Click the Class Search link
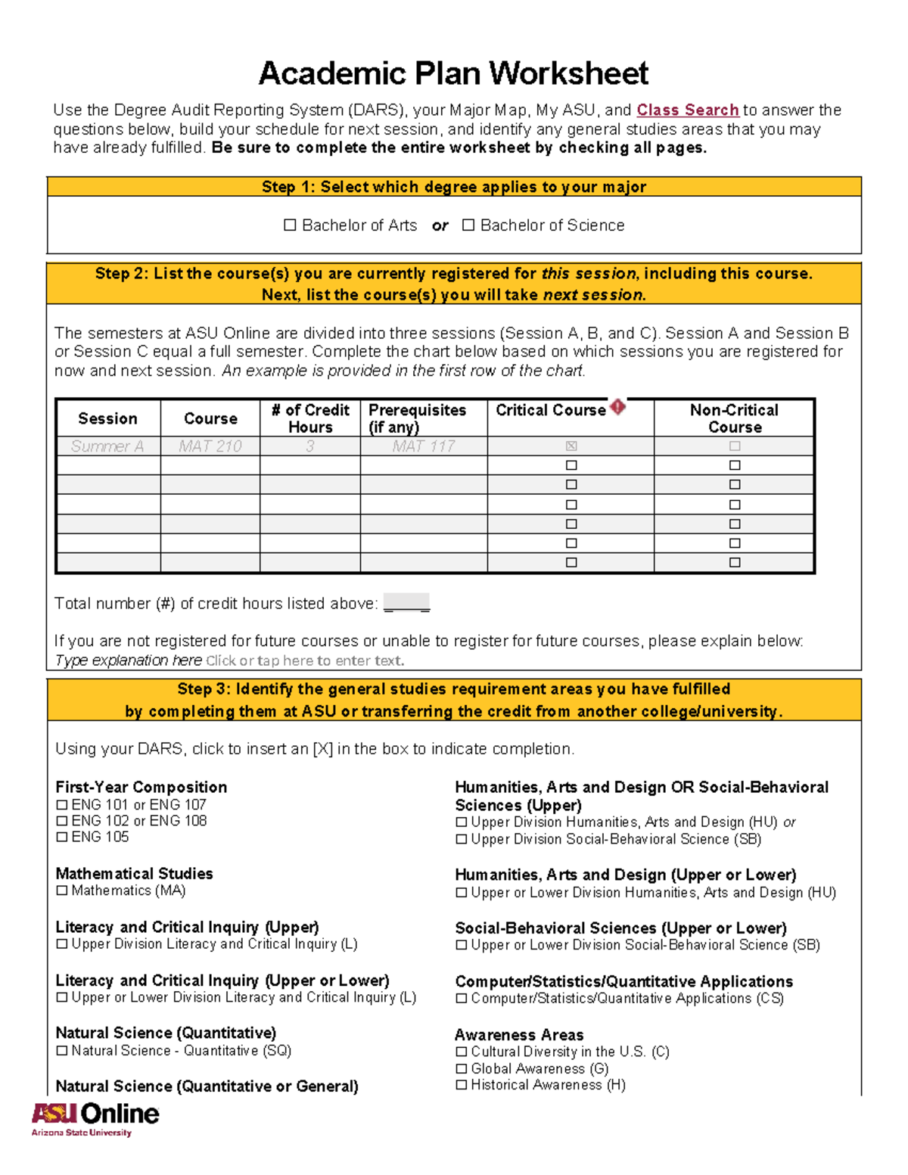[687, 110]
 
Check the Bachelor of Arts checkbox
[290, 225]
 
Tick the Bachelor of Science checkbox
[468, 225]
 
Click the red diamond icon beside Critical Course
[618, 408]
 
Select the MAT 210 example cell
[210, 446]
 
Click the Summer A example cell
[107, 446]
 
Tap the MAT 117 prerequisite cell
[423, 446]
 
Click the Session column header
[107, 418]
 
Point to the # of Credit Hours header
[310, 418]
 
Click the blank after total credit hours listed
[406, 604]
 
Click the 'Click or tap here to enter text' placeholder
[305, 661]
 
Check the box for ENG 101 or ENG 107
[62, 805]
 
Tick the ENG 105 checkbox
[62, 837]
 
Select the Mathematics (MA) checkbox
[62, 891]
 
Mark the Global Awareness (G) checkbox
[462, 1068]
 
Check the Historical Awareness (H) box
[462, 1085]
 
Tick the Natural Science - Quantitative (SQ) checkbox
[62, 1051]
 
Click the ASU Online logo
[95, 1118]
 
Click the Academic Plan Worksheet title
[453, 73]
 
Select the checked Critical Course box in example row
[571, 446]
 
